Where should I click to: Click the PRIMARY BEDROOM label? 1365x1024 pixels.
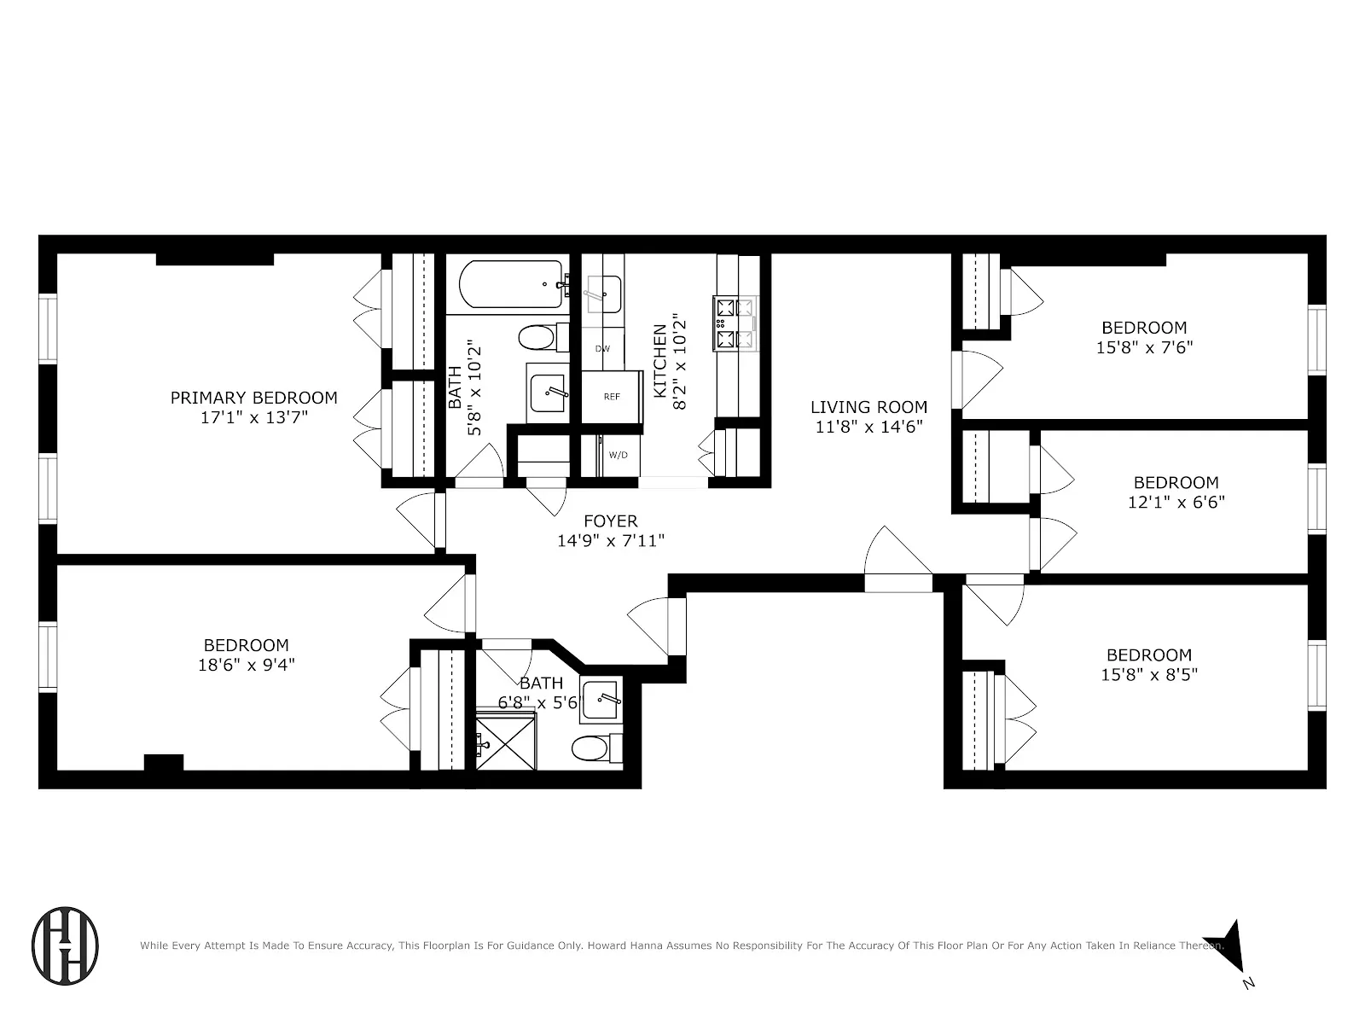pyautogui.click(x=253, y=398)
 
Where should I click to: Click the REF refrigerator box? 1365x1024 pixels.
pyautogui.click(x=612, y=397)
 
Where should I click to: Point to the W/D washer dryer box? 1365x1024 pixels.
pyautogui.click(x=618, y=455)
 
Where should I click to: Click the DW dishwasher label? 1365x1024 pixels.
pyautogui.click(x=602, y=349)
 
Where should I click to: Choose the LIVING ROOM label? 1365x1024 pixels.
pyautogui.click(x=868, y=408)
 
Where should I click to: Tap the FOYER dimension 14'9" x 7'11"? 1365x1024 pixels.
pyautogui.click(x=610, y=540)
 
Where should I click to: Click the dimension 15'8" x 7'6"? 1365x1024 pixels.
pyautogui.click(x=1144, y=347)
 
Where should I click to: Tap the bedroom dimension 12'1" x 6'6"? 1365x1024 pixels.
pyautogui.click(x=1176, y=502)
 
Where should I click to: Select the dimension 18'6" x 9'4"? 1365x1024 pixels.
pyautogui.click(x=246, y=665)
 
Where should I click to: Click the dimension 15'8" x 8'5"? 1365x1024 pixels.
pyautogui.click(x=1148, y=675)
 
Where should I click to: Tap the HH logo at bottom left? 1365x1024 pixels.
pyautogui.click(x=65, y=946)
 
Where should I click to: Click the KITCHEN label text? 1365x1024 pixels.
pyautogui.click(x=660, y=361)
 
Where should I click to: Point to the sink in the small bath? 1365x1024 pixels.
pyautogui.click(x=602, y=701)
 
